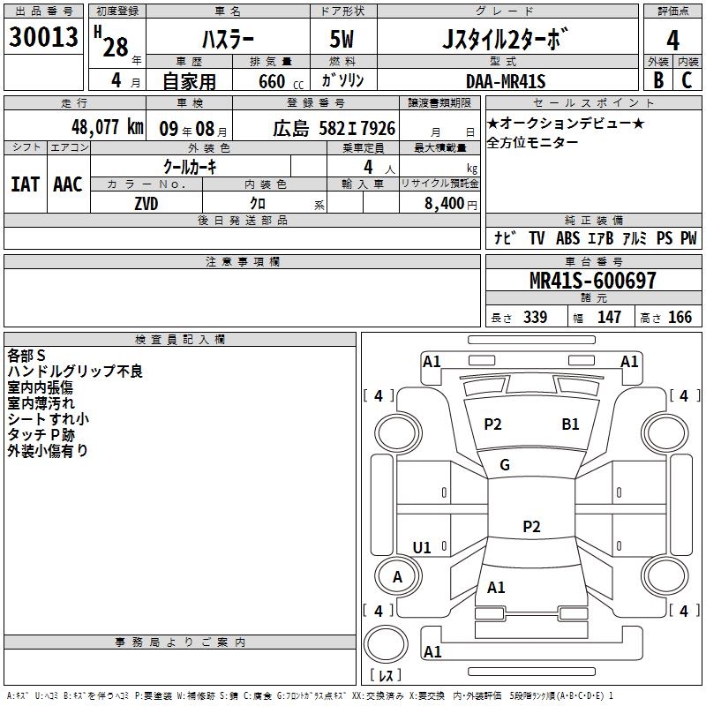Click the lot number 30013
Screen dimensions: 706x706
[x=43, y=36]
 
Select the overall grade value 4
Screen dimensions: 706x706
[x=672, y=40]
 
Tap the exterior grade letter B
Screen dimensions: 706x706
[x=658, y=80]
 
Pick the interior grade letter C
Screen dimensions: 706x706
[x=687, y=80]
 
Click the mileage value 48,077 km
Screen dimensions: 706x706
[x=108, y=127]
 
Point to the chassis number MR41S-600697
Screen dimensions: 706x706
[x=592, y=280]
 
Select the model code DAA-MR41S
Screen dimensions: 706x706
[x=506, y=81]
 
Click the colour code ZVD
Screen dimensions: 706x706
[x=146, y=204]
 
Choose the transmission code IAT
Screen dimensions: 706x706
[x=25, y=184]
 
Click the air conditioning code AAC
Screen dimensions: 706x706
[x=68, y=184]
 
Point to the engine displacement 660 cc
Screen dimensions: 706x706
[x=281, y=81]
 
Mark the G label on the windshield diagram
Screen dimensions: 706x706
[x=505, y=465]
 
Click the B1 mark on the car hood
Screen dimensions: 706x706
[x=570, y=424]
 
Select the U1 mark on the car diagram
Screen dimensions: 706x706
[x=422, y=547]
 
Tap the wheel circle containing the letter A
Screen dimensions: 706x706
[x=398, y=575]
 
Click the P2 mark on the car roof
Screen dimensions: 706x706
[x=531, y=526]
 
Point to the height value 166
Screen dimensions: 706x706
[x=680, y=317]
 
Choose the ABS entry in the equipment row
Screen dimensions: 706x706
[x=567, y=237]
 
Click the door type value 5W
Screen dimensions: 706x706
[x=342, y=39]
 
